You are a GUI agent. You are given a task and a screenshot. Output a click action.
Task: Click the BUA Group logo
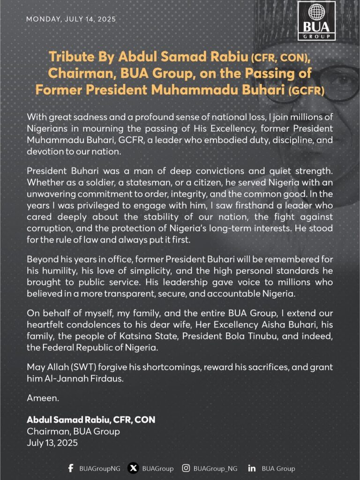[x=316, y=21]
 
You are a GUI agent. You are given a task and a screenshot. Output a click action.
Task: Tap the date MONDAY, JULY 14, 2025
[x=71, y=19]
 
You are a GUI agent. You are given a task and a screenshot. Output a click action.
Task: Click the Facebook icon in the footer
[x=71, y=468]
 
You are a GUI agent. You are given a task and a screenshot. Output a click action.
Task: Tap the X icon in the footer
[x=134, y=468]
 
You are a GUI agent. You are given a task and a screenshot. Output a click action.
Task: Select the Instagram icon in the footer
[x=186, y=468]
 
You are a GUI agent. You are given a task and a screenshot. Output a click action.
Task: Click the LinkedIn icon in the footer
[x=252, y=468]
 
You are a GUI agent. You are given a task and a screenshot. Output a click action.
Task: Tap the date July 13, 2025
[x=52, y=442]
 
